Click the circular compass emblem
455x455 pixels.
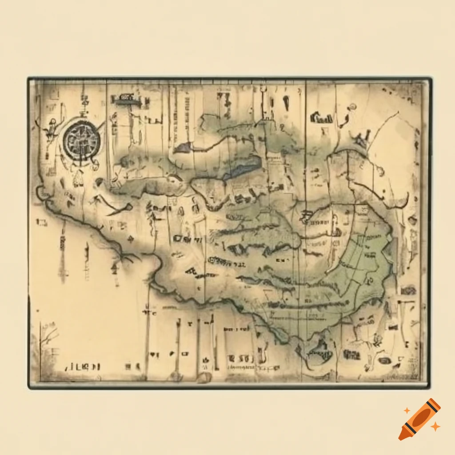pyautogui.click(x=81, y=142)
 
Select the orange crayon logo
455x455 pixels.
pyautogui.click(x=419, y=419)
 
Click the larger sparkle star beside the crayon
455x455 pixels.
pyautogui.click(x=435, y=427)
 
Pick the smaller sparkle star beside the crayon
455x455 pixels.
pyautogui.click(x=407, y=410)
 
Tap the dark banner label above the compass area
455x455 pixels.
pyautogui.click(x=127, y=100)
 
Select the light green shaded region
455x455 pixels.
pyautogui.click(x=360, y=262)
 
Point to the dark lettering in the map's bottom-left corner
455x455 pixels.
pyautogui.click(x=83, y=367)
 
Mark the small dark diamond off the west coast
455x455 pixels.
pyautogui.click(x=131, y=239)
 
